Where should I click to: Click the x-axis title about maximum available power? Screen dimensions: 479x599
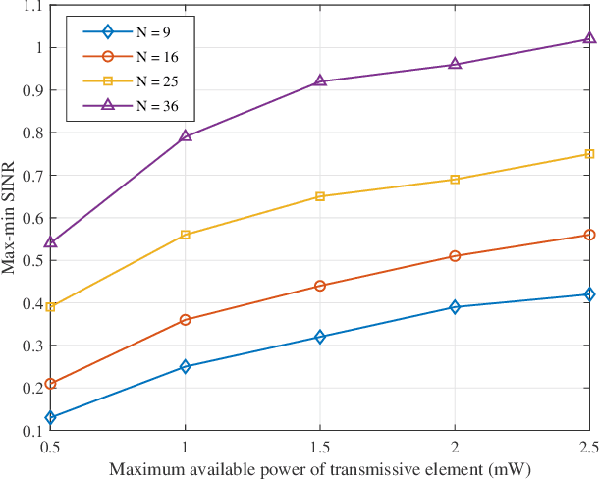(320, 468)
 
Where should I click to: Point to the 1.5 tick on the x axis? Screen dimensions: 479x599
(320, 447)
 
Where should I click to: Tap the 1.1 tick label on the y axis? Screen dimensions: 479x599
(30, 6)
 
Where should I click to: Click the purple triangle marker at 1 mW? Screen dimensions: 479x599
(186, 136)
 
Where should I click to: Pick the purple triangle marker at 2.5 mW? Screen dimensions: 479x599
(589, 39)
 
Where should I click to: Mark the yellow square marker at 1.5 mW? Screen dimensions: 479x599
(320, 196)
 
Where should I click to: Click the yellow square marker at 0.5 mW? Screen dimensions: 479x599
(51, 307)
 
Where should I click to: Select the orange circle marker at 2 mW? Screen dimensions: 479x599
(455, 256)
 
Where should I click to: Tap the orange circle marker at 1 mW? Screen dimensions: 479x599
(186, 320)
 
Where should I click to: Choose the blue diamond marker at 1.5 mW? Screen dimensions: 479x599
(320, 337)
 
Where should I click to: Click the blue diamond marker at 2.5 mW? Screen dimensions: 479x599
(589, 294)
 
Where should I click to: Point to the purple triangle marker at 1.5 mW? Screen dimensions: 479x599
(320, 81)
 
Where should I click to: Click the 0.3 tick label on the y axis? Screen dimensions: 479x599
(30, 346)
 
